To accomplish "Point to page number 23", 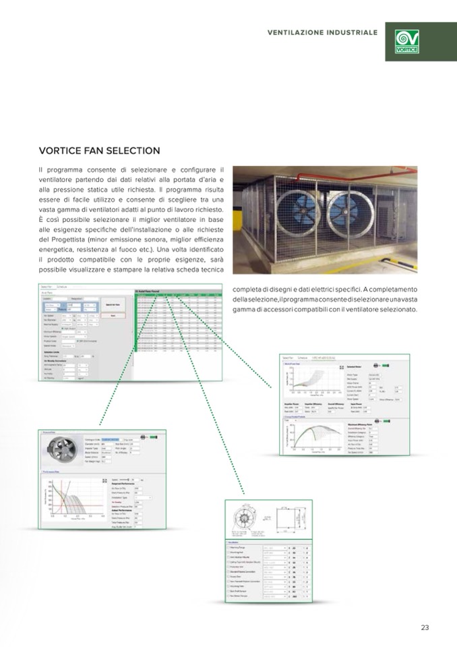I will pyautogui.click(x=425, y=627).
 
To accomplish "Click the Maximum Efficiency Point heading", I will pyautogui.click(x=369, y=424).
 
